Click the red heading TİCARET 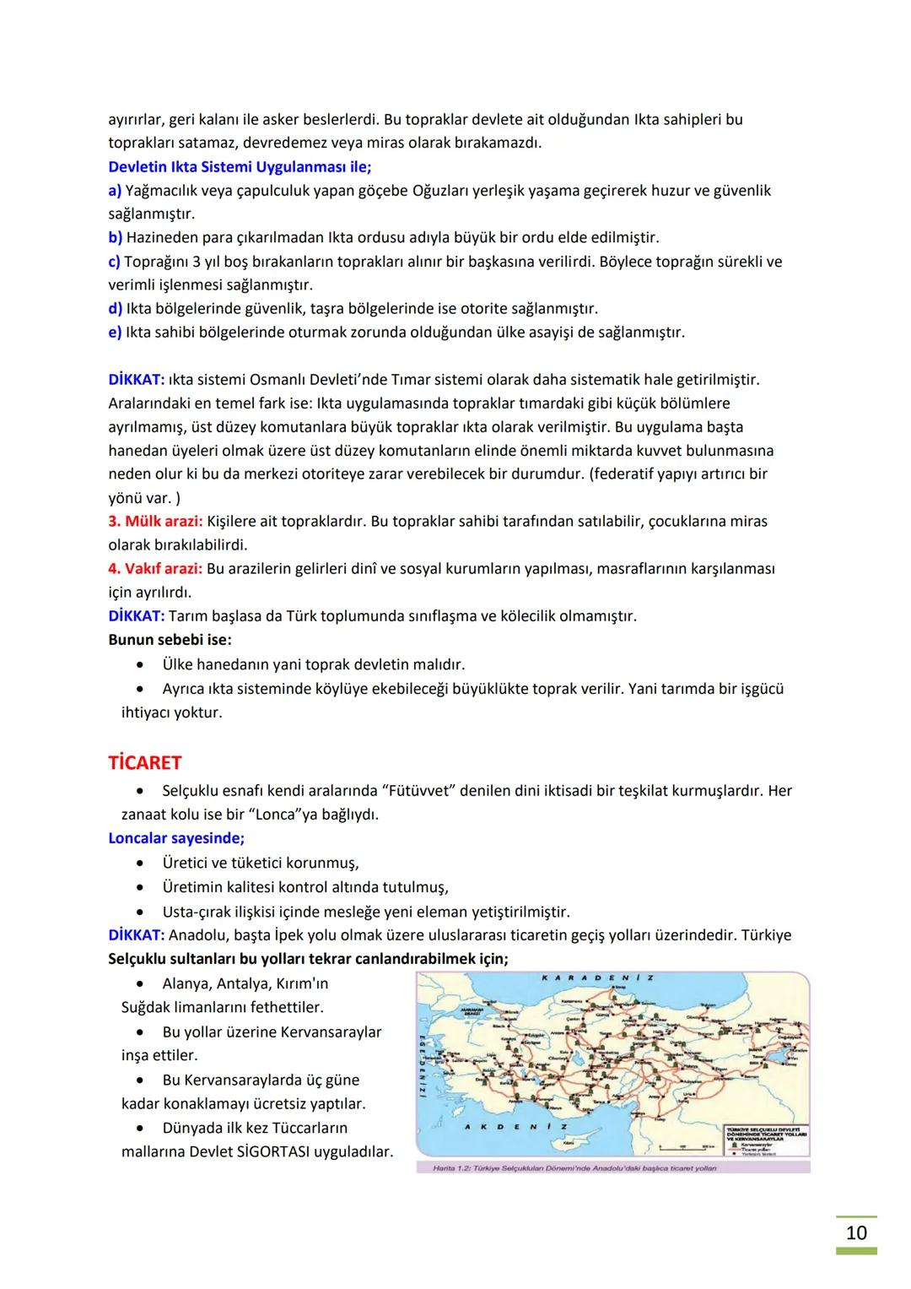(x=144, y=762)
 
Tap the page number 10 (x=855, y=1232)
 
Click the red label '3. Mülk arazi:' (x=155, y=521)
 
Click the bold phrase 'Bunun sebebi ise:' (x=170, y=639)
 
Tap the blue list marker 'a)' (x=115, y=191)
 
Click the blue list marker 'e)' (x=115, y=332)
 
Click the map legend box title (x=768, y=1134)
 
